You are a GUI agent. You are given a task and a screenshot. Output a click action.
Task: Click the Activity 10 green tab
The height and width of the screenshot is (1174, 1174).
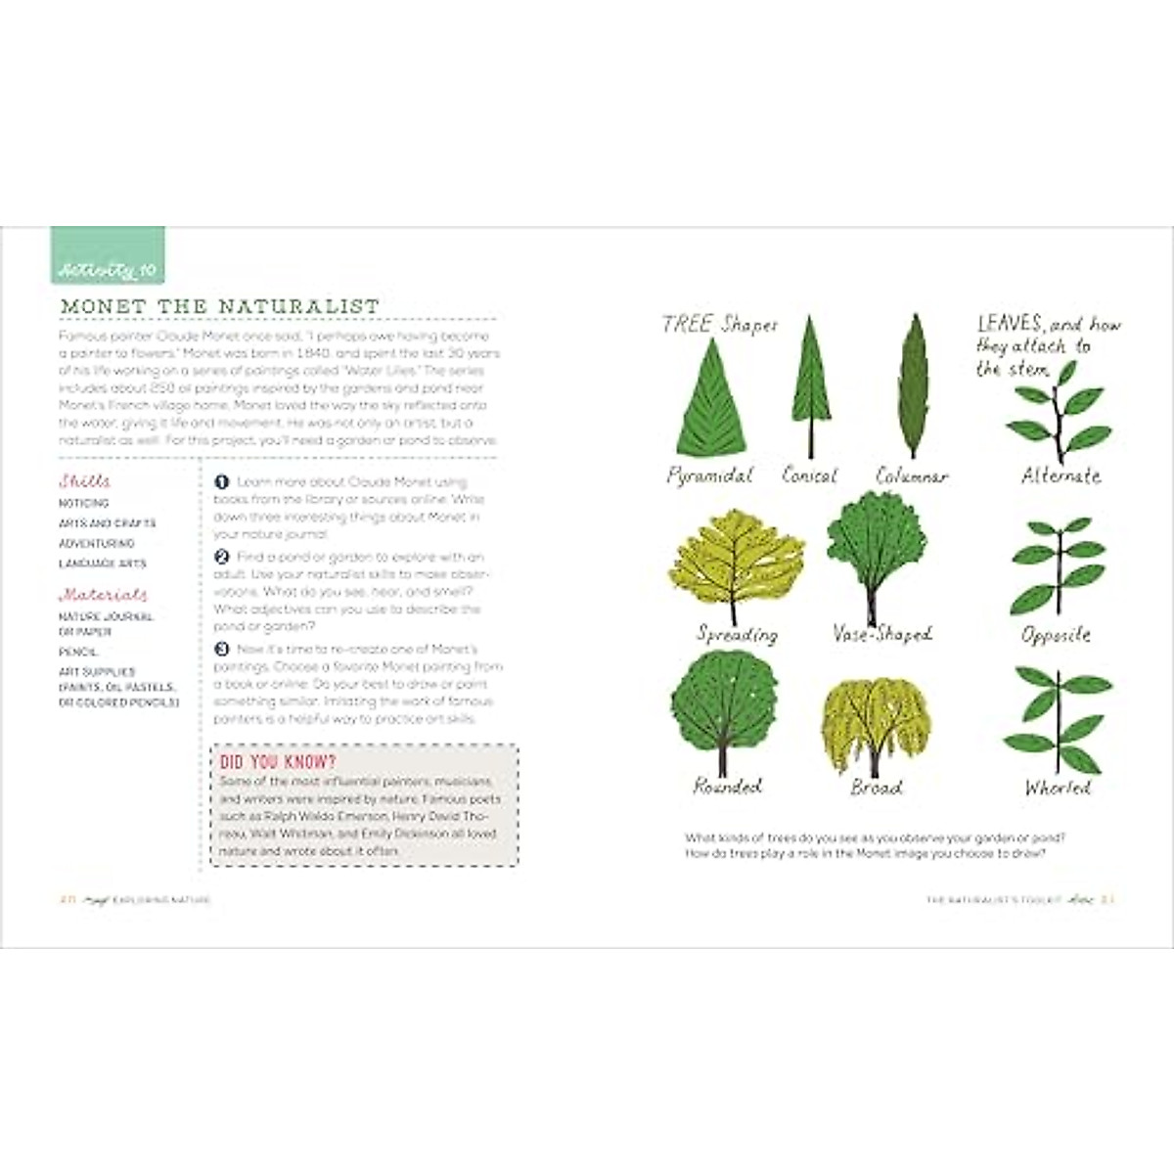(108, 256)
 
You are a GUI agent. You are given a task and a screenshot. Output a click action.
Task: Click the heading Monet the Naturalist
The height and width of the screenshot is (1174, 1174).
(220, 306)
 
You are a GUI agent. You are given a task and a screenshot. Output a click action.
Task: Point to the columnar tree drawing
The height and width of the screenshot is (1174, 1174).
(914, 384)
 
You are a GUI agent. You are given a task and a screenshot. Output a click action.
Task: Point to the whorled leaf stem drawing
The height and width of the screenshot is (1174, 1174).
(1057, 719)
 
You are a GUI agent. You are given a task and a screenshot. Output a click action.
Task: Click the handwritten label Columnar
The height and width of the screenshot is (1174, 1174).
(912, 476)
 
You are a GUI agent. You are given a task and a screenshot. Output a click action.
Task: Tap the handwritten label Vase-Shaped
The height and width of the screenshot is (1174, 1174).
(881, 634)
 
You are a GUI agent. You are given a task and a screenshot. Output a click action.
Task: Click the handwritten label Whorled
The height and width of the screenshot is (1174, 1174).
(1058, 788)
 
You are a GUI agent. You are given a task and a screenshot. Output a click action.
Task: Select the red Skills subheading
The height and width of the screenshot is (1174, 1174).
(85, 480)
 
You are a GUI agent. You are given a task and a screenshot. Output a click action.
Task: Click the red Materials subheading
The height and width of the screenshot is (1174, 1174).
(104, 594)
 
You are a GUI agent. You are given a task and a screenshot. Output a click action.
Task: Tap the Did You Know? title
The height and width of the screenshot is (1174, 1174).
(278, 762)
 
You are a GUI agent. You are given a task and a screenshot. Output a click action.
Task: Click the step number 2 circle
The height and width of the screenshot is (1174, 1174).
(221, 557)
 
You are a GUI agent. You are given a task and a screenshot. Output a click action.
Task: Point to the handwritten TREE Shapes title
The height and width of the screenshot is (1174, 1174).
(719, 325)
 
